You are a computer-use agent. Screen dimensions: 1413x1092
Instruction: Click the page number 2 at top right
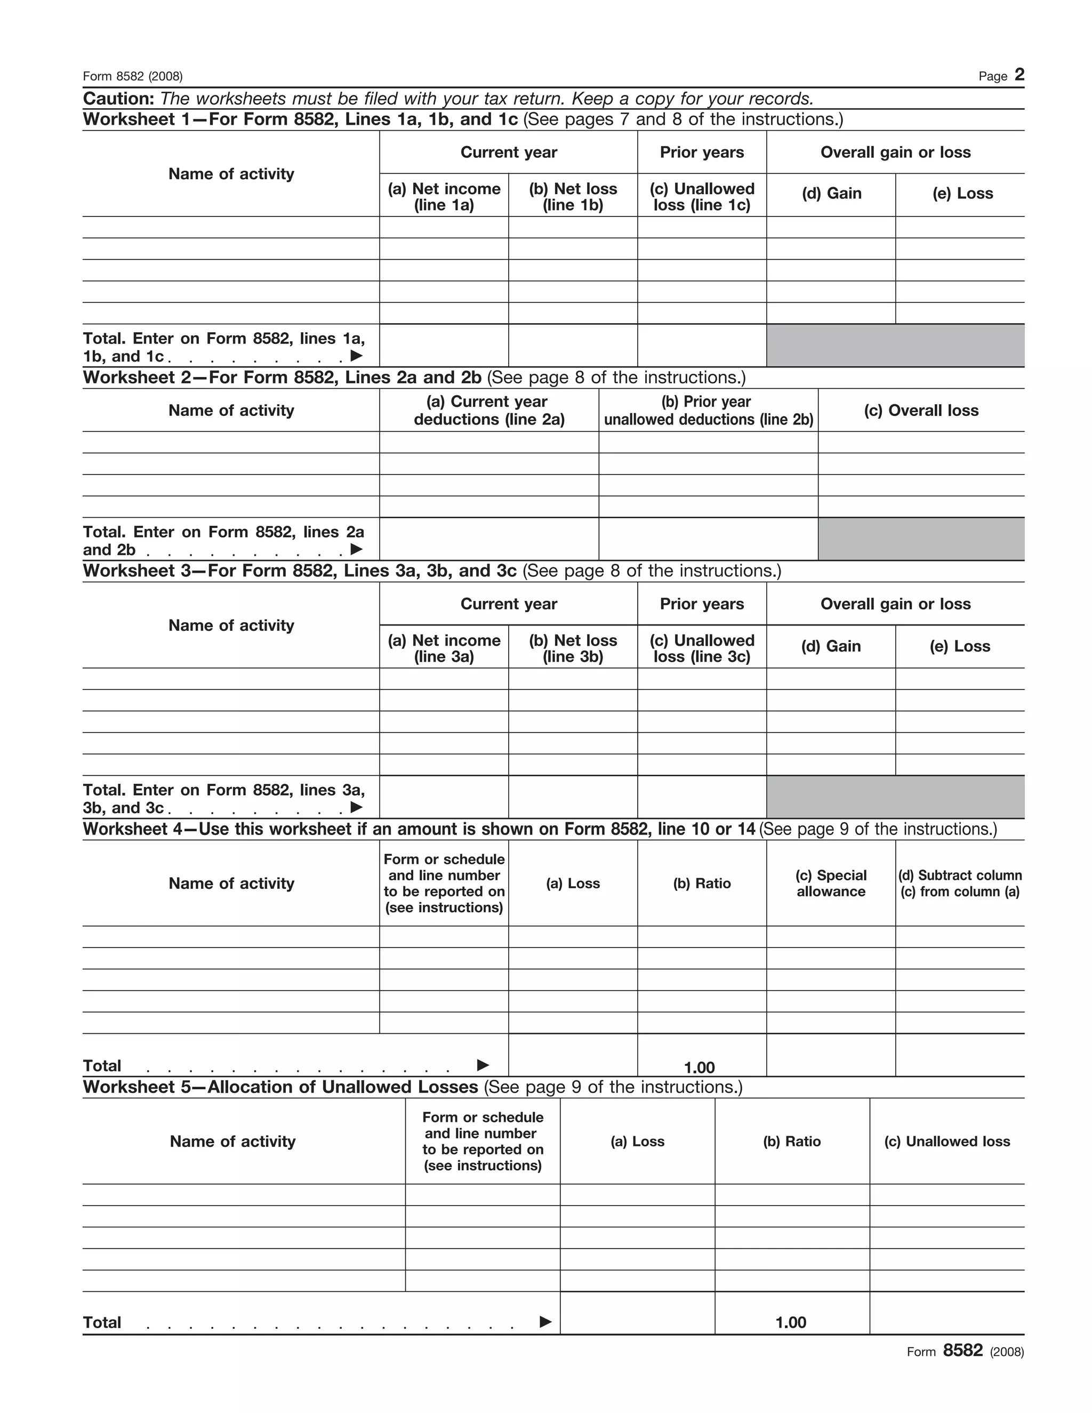click(x=1019, y=75)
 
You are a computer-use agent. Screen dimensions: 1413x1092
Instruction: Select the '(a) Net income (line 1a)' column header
click(x=444, y=197)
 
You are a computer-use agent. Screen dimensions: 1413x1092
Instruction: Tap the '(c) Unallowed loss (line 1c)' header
click(x=702, y=197)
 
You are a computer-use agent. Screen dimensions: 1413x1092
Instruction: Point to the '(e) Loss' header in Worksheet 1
click(x=962, y=194)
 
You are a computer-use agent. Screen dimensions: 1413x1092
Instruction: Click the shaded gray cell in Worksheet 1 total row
click(x=895, y=346)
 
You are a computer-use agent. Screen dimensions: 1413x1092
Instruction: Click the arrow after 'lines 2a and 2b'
click(x=356, y=549)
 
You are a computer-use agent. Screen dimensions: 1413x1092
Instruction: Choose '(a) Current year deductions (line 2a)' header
click(x=489, y=410)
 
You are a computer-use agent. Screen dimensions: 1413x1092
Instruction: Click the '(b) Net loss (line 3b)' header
click(x=573, y=648)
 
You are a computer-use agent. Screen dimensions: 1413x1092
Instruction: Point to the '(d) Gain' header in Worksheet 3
click(x=831, y=646)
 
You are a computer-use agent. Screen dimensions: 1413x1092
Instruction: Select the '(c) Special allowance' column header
click(x=831, y=883)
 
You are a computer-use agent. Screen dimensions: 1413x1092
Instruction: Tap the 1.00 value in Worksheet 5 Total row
click(x=791, y=1322)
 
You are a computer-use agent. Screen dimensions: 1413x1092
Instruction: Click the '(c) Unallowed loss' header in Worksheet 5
click(x=946, y=1141)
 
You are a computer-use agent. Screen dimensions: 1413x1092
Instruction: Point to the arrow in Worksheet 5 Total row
click(x=545, y=1321)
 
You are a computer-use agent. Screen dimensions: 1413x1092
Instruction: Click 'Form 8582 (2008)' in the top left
click(x=133, y=76)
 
